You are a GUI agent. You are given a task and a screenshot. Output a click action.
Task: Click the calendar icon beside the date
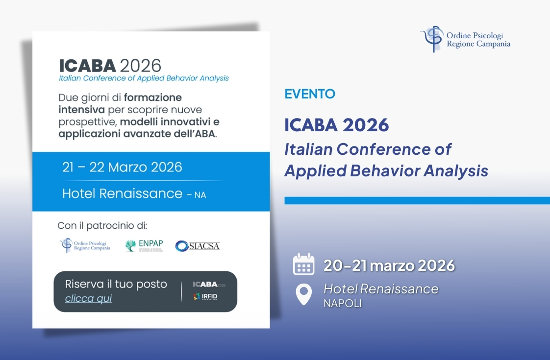(x=303, y=265)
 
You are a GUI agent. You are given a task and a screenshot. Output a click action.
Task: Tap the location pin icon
(x=303, y=294)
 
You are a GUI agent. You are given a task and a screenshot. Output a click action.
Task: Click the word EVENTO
(x=310, y=94)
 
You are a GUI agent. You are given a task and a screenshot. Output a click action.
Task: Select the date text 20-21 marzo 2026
(x=389, y=265)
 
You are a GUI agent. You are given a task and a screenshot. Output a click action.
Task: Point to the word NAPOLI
(x=343, y=304)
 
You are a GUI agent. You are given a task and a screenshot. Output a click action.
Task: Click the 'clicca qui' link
(x=88, y=298)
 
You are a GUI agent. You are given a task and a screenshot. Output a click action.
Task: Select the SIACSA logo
(x=198, y=246)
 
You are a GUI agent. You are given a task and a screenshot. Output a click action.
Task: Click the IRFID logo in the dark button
(x=205, y=296)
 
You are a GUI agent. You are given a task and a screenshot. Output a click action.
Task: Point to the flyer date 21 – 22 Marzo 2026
(x=122, y=168)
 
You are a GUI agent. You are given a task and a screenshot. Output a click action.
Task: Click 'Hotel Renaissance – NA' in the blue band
(x=134, y=194)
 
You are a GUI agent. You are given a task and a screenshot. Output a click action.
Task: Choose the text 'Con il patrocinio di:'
(x=102, y=226)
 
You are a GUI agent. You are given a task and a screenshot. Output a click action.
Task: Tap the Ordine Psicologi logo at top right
(x=465, y=39)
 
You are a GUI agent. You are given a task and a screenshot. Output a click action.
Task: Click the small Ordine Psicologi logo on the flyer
(x=85, y=245)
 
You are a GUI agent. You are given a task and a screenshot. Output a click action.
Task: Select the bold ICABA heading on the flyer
(x=87, y=66)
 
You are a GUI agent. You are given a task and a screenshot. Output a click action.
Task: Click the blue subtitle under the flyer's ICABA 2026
(x=144, y=78)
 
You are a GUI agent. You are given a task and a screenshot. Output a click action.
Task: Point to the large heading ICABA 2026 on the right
(x=336, y=125)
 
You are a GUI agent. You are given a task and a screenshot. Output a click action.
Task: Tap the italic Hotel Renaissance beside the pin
(x=381, y=289)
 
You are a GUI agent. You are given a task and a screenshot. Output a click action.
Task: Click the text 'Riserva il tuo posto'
(x=116, y=284)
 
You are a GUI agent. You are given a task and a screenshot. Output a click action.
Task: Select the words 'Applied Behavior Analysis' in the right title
(x=386, y=170)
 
